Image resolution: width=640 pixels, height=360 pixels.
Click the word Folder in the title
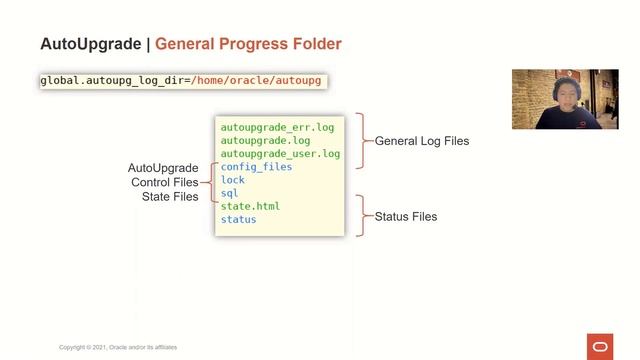pyautogui.click(x=314, y=44)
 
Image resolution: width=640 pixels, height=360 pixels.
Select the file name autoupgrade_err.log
pyautogui.click(x=277, y=128)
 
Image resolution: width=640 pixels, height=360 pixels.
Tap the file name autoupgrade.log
pyautogui.click(x=265, y=141)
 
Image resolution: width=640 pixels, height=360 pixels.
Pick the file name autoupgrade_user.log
pyautogui.click(x=280, y=154)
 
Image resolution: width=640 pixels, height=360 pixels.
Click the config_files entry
pyautogui.click(x=256, y=167)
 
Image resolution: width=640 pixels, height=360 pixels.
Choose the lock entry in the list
pyautogui.click(x=233, y=180)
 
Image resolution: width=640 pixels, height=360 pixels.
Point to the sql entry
pyautogui.click(x=230, y=193)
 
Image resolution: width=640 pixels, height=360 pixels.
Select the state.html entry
pyautogui.click(x=250, y=206)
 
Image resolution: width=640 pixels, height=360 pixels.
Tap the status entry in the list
pyautogui.click(x=238, y=219)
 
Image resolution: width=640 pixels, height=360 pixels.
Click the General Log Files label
pyautogui.click(x=422, y=141)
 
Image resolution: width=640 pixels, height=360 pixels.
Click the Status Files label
pyautogui.click(x=405, y=216)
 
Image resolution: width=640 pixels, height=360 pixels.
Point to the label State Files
pyautogui.click(x=170, y=197)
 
